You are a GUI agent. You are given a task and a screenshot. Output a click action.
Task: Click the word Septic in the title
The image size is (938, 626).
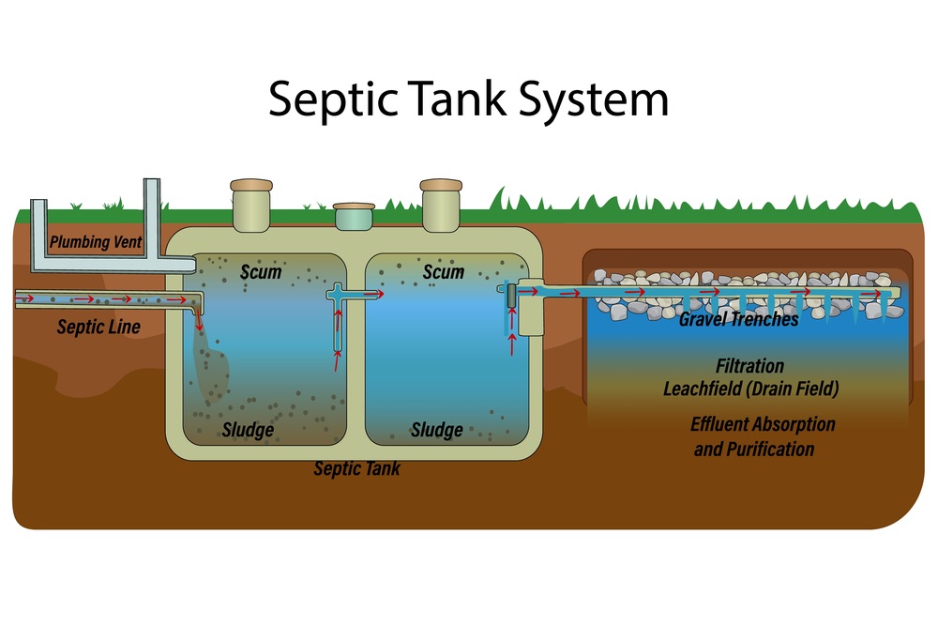tap(333, 99)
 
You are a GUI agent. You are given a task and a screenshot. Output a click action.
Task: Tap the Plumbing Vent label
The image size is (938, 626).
tap(96, 242)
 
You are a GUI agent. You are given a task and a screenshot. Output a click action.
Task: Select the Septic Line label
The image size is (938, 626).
tap(98, 327)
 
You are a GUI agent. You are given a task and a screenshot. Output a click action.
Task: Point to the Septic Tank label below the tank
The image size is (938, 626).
tap(357, 468)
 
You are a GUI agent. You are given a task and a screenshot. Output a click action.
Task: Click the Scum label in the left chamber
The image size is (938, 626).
tap(261, 272)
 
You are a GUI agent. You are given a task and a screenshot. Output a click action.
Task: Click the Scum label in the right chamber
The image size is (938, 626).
tap(444, 272)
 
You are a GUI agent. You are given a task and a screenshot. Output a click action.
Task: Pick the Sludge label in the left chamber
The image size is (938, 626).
tap(248, 430)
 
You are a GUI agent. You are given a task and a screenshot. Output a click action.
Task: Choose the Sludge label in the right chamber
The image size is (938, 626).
tap(437, 430)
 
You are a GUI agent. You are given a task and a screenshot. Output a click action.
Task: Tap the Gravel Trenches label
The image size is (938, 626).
tap(739, 320)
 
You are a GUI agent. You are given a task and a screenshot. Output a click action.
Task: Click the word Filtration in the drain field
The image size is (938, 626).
tap(749, 366)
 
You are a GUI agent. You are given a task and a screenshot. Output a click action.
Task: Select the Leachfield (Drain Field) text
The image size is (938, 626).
tap(750, 389)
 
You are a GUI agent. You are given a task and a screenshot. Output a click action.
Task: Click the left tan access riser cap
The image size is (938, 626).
tap(251, 185)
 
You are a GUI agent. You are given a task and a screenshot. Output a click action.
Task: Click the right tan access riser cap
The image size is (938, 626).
tap(441, 185)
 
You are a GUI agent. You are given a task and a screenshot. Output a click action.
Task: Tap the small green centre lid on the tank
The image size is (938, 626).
tap(354, 216)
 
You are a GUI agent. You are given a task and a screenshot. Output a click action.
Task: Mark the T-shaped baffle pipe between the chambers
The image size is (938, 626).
tap(338, 318)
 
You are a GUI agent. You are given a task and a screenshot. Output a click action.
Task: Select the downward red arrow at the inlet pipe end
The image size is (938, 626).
tap(199, 321)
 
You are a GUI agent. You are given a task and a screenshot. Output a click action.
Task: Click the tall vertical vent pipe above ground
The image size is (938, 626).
tap(152, 217)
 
